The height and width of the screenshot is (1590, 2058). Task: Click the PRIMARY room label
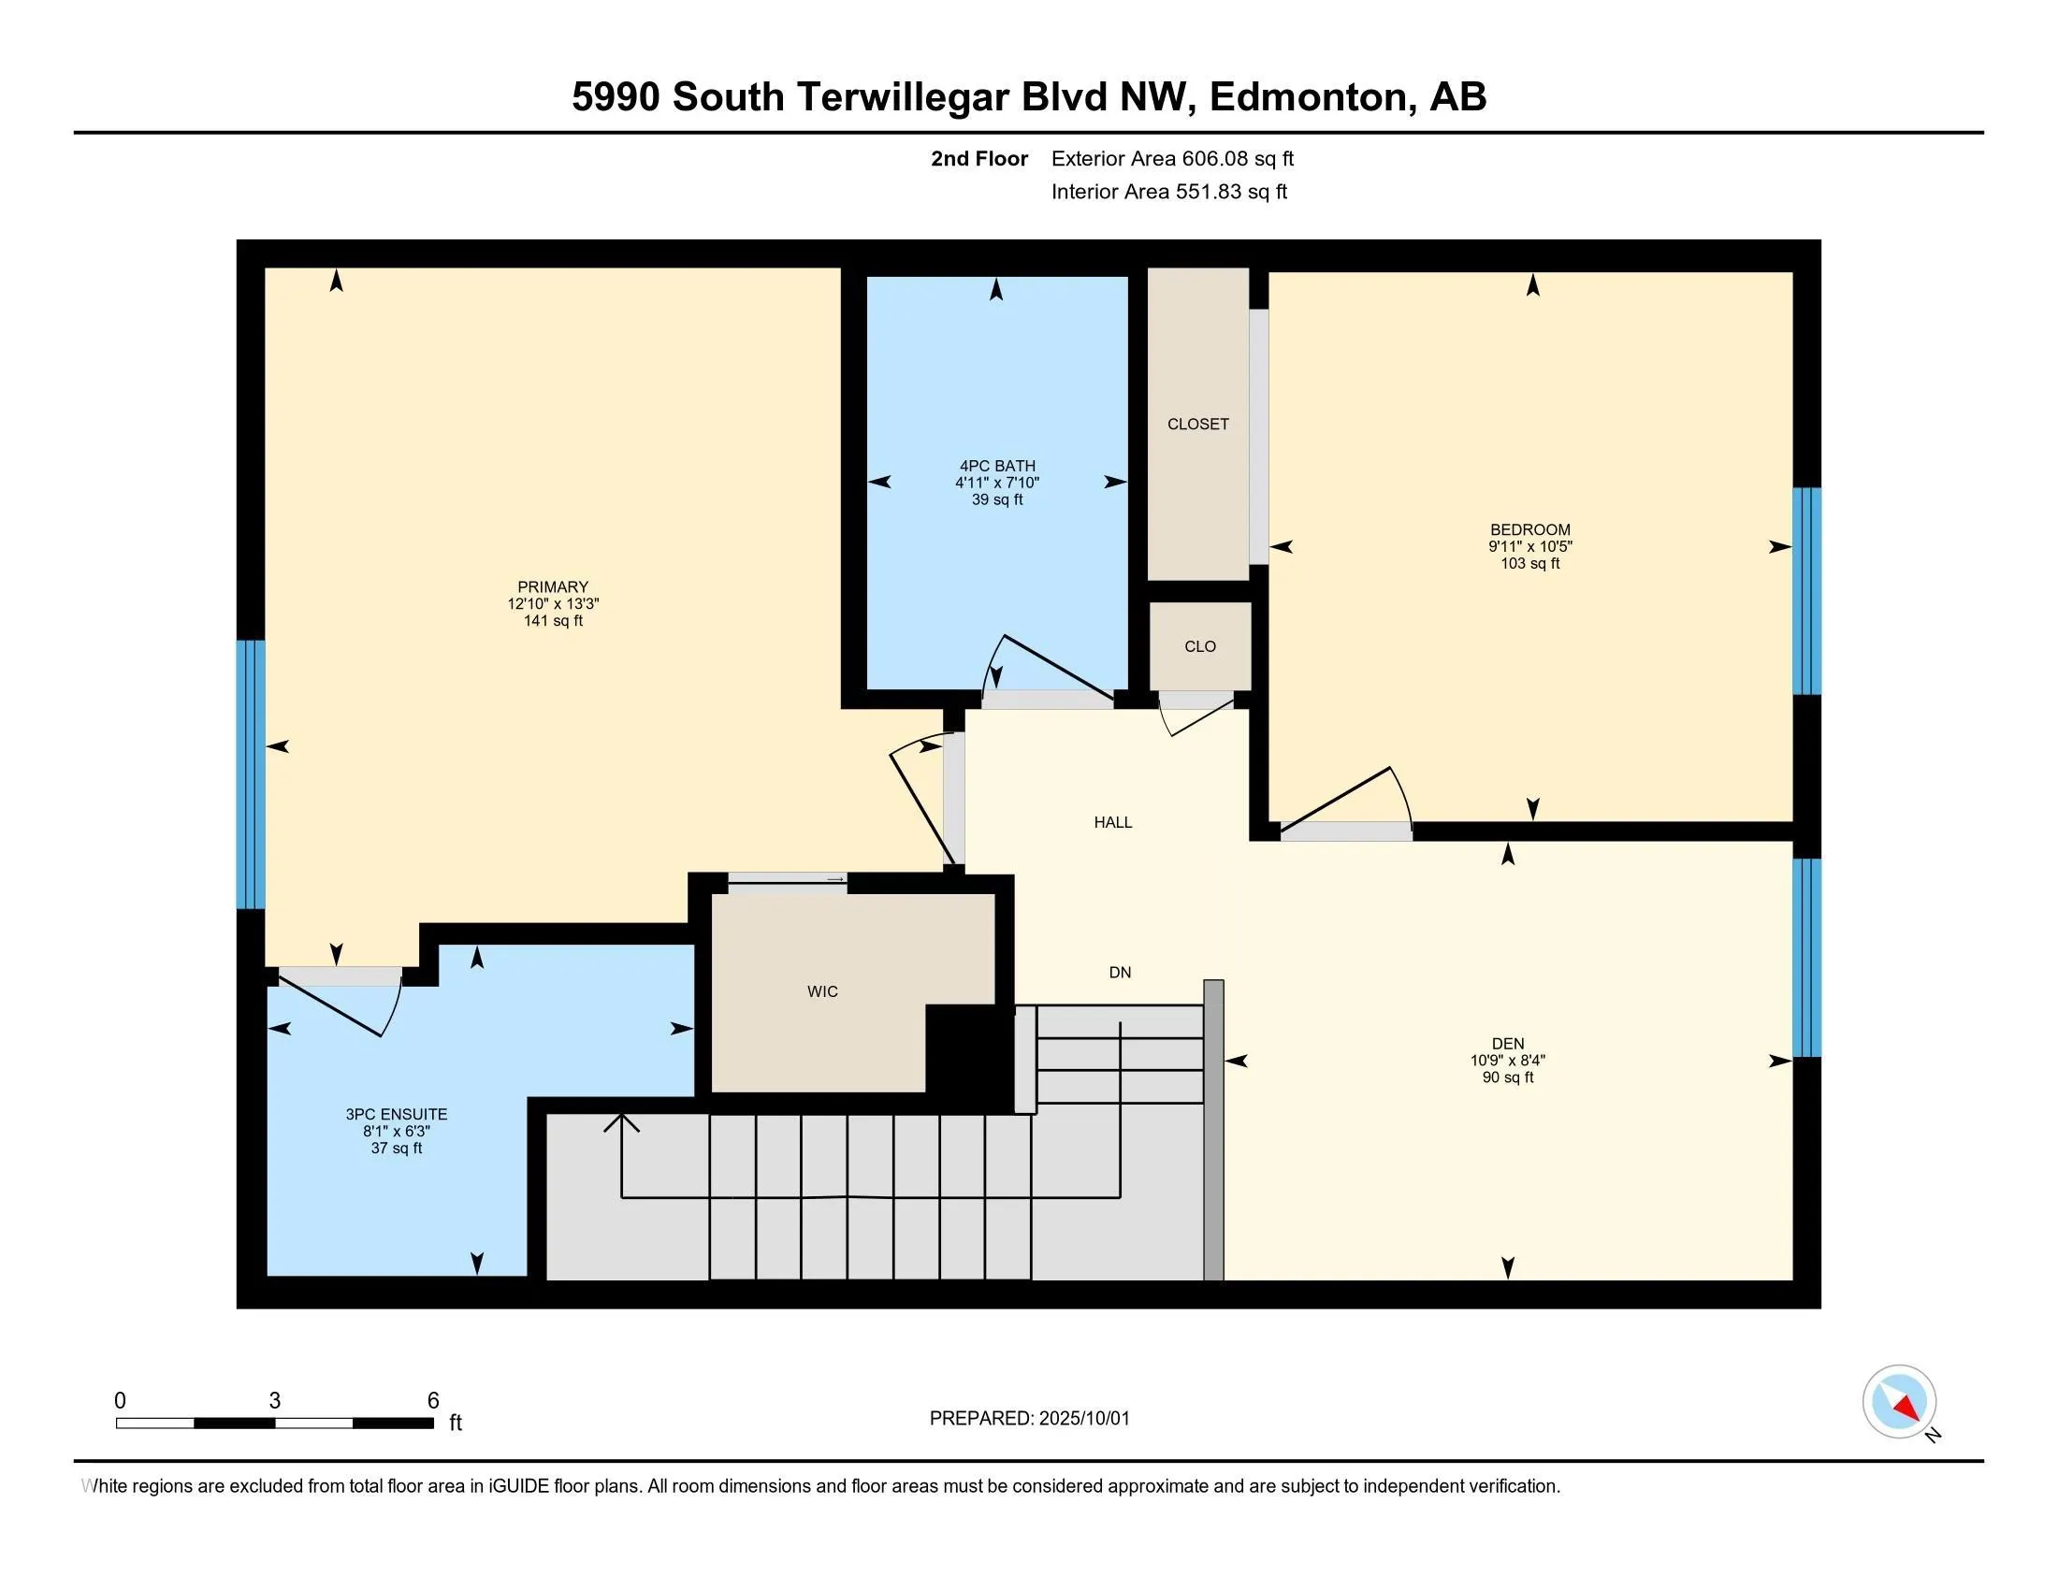pyautogui.click(x=552, y=586)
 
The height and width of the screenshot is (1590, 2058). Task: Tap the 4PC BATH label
pyautogui.click(x=997, y=466)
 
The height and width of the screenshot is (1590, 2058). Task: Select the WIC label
pyautogui.click(x=822, y=990)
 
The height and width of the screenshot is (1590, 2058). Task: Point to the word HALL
pyautogui.click(x=1113, y=822)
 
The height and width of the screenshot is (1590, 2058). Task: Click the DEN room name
pyautogui.click(x=1508, y=1043)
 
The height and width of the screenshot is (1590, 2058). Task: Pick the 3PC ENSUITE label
pyautogui.click(x=397, y=1114)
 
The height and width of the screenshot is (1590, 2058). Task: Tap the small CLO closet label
pyautogui.click(x=1200, y=646)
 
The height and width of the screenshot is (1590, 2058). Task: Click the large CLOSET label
pyautogui.click(x=1197, y=424)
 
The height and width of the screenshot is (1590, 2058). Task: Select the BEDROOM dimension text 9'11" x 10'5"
pyautogui.click(x=1530, y=546)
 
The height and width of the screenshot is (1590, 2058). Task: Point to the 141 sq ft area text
pyautogui.click(x=553, y=621)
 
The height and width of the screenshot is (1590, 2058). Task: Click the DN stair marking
pyautogui.click(x=1120, y=972)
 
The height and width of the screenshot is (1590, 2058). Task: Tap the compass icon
pyautogui.click(x=1899, y=1401)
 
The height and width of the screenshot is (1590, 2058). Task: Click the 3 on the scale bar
pyautogui.click(x=274, y=1400)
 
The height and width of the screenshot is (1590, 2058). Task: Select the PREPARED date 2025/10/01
pyautogui.click(x=1083, y=1418)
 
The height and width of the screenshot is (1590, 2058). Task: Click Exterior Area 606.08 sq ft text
pyautogui.click(x=1172, y=158)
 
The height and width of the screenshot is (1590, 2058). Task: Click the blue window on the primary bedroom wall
pyautogui.click(x=251, y=774)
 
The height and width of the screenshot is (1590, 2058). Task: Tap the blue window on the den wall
pyautogui.click(x=1806, y=957)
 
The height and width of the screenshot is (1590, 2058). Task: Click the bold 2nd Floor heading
pyautogui.click(x=979, y=158)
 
